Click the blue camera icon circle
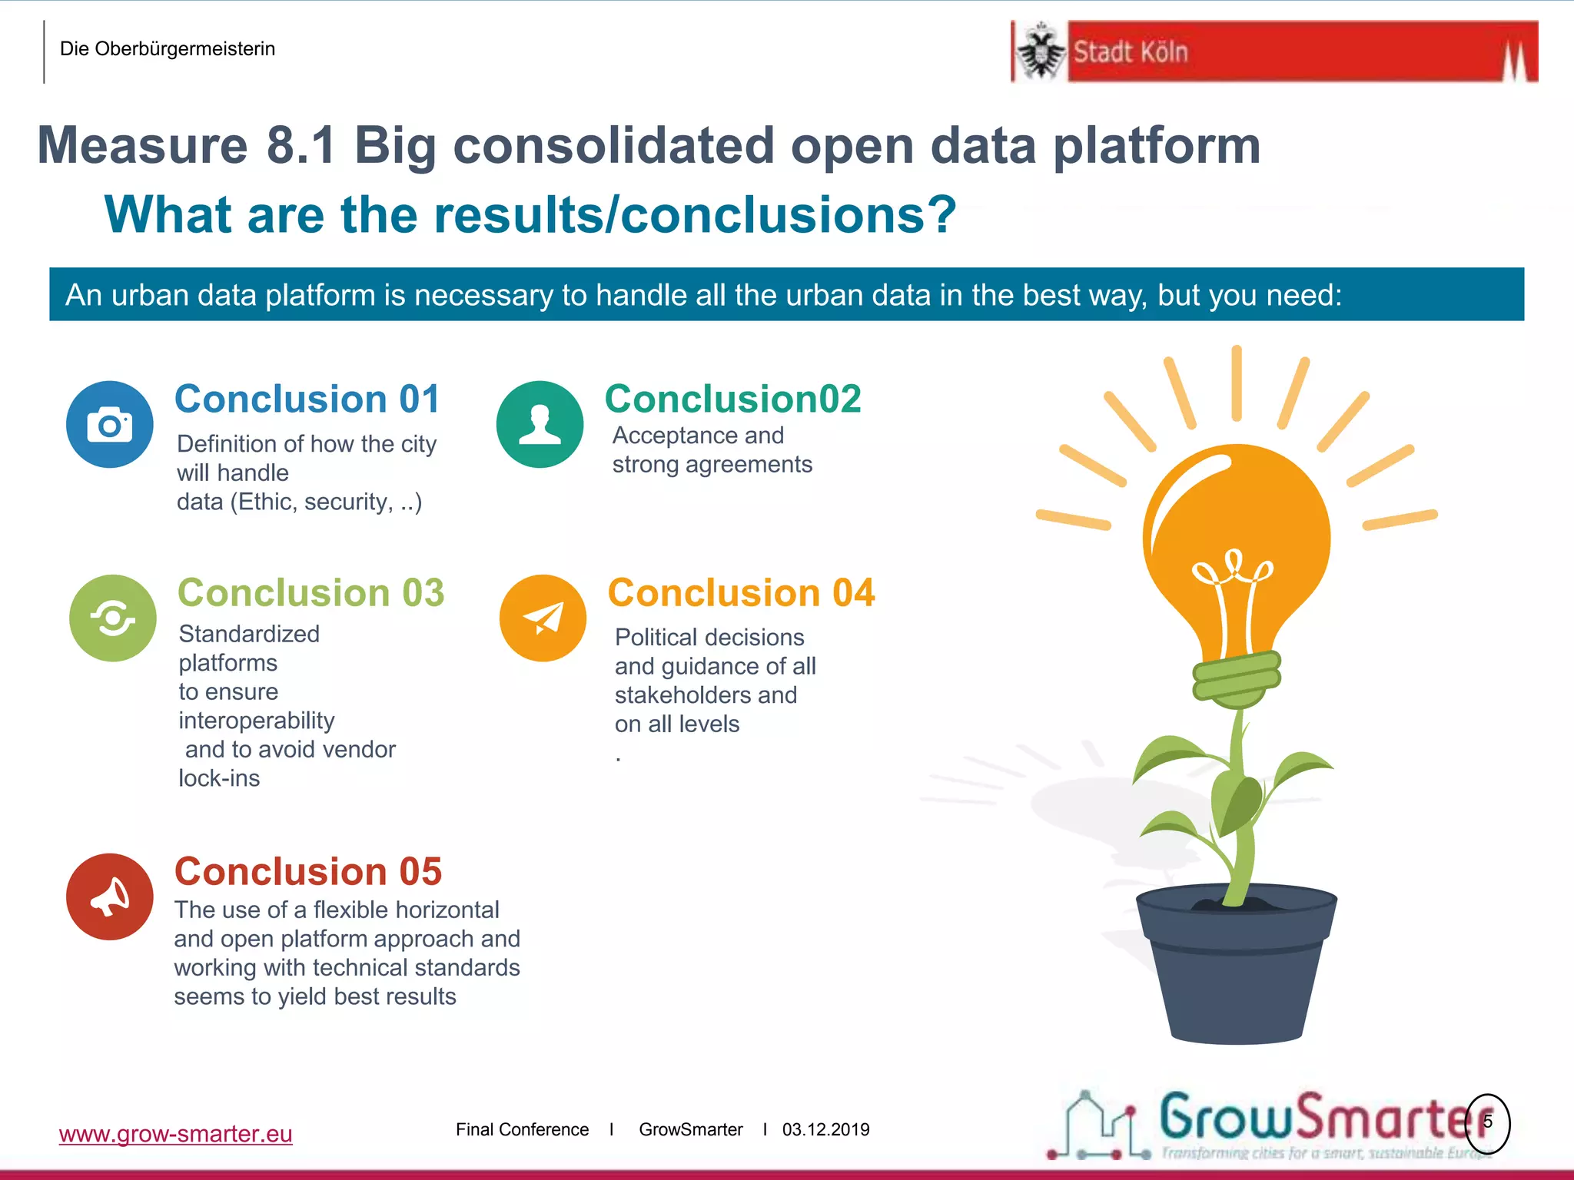(109, 424)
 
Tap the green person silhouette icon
(540, 424)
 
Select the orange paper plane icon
(543, 618)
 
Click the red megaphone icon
(109, 897)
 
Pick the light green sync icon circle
(112, 618)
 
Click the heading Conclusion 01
(307, 399)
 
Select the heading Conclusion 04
(741, 593)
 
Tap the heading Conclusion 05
(308, 872)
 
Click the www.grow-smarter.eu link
(175, 1134)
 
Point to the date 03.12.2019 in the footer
(825, 1129)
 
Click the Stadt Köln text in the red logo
(1130, 52)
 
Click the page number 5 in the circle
(1487, 1122)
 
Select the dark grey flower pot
(1236, 968)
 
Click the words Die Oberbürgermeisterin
(167, 49)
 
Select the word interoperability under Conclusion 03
(256, 721)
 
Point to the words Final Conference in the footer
(522, 1129)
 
